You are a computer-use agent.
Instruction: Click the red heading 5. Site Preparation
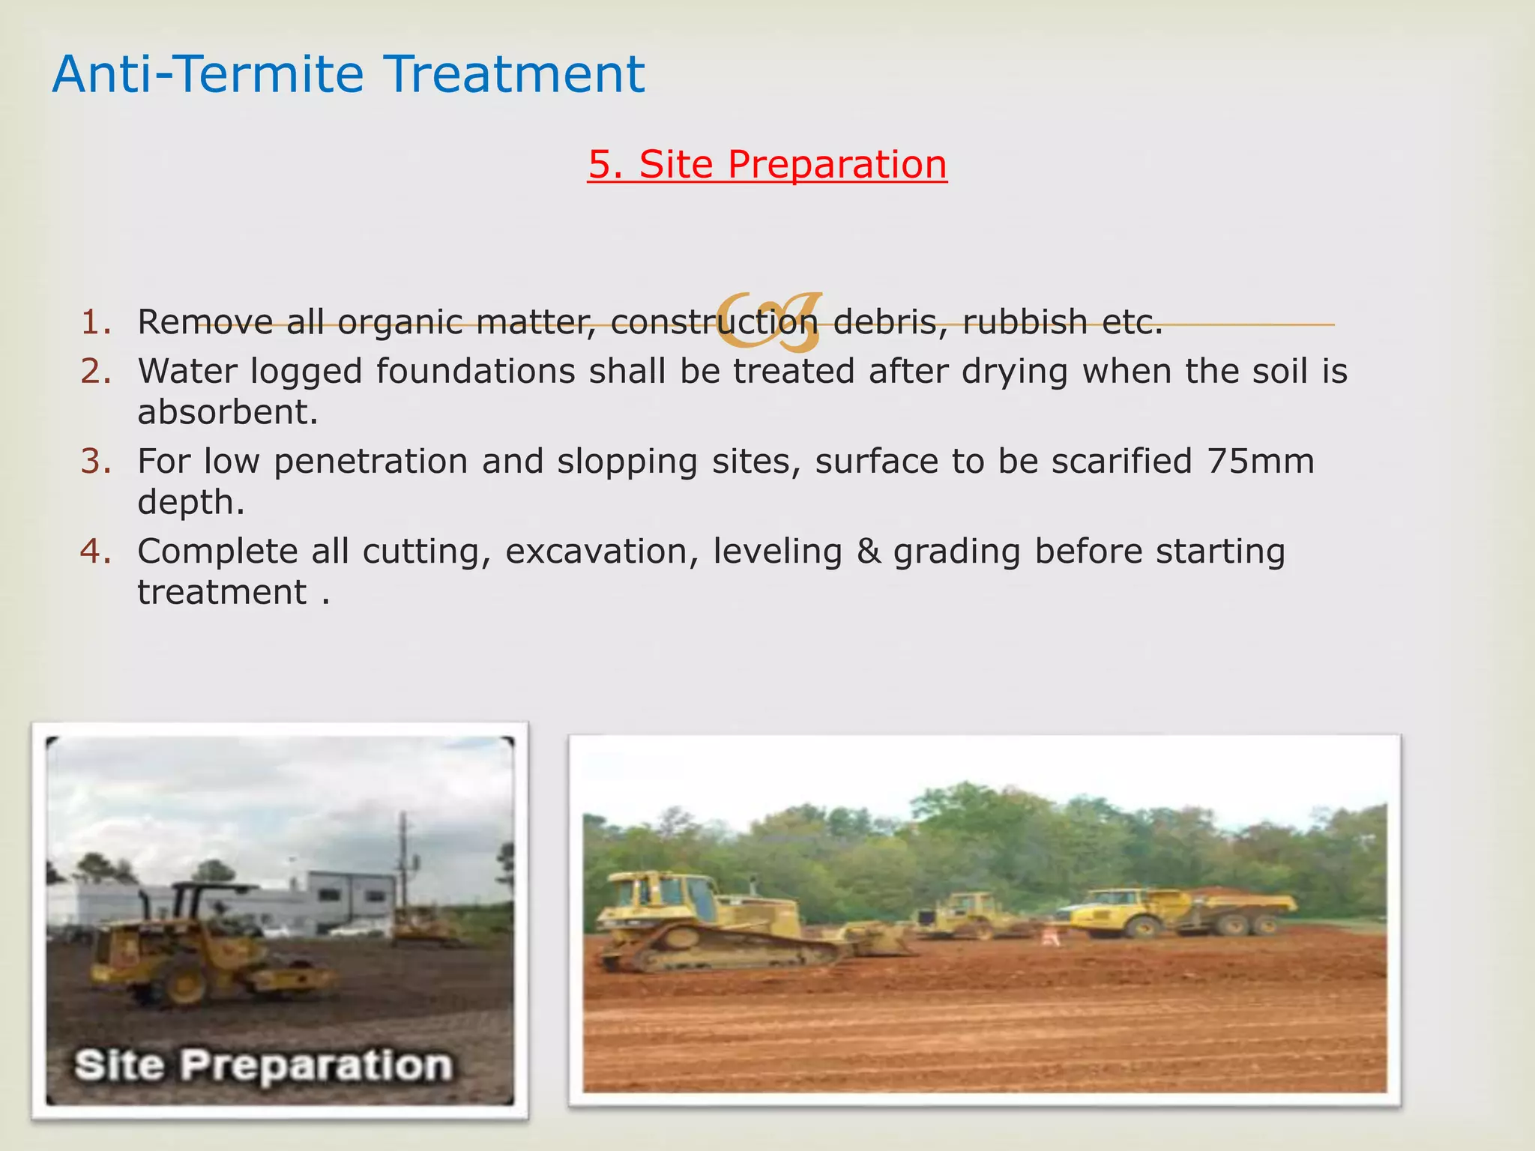(x=767, y=164)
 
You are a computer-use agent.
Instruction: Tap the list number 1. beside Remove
(x=96, y=321)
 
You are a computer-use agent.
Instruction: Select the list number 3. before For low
(x=96, y=461)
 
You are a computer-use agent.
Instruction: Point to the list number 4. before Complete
(x=96, y=551)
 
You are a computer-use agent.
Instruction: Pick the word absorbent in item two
(x=227, y=412)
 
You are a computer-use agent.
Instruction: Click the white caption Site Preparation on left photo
(x=263, y=1064)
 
